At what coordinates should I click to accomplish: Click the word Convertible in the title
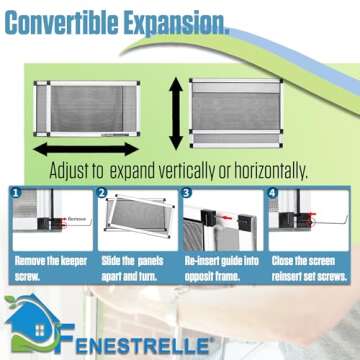[x=75, y=21]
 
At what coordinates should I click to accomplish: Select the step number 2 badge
[x=102, y=193]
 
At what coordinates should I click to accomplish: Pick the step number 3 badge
[x=186, y=193]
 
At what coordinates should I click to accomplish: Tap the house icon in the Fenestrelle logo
[x=26, y=325]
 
